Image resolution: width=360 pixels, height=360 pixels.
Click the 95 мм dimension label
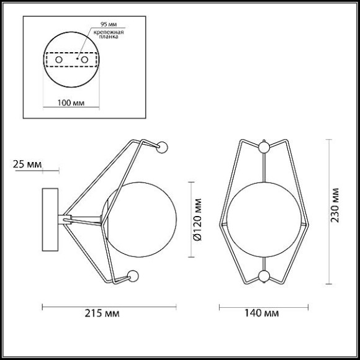[109, 24]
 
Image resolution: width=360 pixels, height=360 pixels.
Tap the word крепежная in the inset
[109, 32]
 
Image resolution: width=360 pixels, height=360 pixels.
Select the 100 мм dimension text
[71, 103]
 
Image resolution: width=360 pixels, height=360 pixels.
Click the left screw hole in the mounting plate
[59, 60]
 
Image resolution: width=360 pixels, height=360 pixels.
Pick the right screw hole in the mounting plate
[84, 60]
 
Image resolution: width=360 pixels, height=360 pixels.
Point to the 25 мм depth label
[27, 164]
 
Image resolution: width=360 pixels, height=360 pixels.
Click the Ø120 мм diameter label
[197, 220]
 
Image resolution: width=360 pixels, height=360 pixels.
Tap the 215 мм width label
[102, 313]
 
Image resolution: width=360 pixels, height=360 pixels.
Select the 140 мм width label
[261, 313]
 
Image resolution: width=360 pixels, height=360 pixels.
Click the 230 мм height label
[335, 205]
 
